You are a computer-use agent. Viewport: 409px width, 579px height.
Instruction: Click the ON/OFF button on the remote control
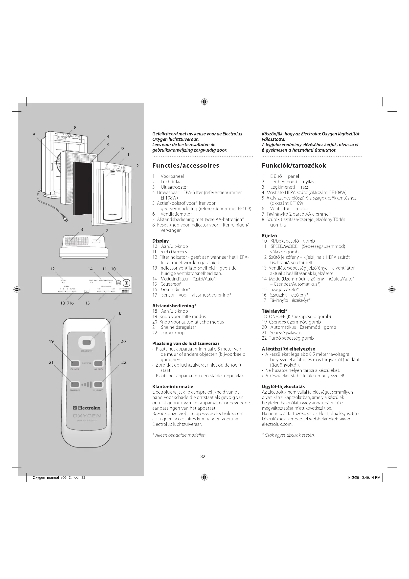(86, 342)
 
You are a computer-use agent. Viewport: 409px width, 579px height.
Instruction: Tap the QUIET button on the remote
(75, 363)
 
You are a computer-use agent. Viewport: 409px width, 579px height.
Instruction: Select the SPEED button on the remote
(75, 384)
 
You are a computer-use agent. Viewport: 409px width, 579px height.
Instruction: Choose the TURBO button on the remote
(98, 384)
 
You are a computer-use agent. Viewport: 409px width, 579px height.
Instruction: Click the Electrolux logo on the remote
(87, 408)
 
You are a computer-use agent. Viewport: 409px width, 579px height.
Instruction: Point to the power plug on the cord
(65, 220)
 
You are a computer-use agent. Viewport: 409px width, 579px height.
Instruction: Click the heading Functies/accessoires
(186, 166)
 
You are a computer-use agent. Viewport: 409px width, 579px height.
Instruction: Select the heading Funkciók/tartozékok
(294, 166)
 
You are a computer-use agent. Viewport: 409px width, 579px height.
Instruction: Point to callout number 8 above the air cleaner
(75, 127)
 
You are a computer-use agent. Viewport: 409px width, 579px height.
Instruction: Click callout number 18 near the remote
(119, 313)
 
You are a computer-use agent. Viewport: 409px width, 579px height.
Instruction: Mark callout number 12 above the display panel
(52, 269)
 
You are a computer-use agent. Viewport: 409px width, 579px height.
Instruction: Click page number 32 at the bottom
(203, 456)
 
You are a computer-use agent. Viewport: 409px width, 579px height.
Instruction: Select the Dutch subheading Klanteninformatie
(173, 387)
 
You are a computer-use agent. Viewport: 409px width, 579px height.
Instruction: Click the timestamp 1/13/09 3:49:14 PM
(364, 477)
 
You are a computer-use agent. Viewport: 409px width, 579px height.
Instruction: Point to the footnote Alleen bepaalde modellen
(180, 435)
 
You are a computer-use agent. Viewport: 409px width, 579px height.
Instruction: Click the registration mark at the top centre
(204, 102)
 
